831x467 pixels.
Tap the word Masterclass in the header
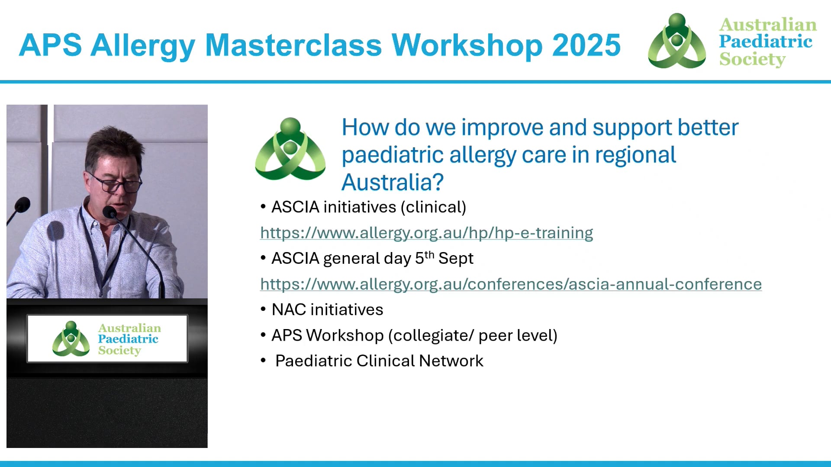point(293,45)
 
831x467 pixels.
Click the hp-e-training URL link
point(426,233)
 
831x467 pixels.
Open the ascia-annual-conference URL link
point(511,284)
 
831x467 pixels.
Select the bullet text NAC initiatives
point(327,310)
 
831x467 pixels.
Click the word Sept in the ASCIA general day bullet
point(456,259)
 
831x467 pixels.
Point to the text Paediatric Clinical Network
point(379,361)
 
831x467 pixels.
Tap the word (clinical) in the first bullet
point(433,207)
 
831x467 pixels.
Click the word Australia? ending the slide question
point(392,182)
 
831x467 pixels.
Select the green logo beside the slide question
point(290,149)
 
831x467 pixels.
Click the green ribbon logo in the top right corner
point(677,42)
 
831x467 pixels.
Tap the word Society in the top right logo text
point(752,59)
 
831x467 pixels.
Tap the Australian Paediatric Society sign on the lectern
point(107,339)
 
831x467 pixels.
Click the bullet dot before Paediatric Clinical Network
point(263,360)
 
